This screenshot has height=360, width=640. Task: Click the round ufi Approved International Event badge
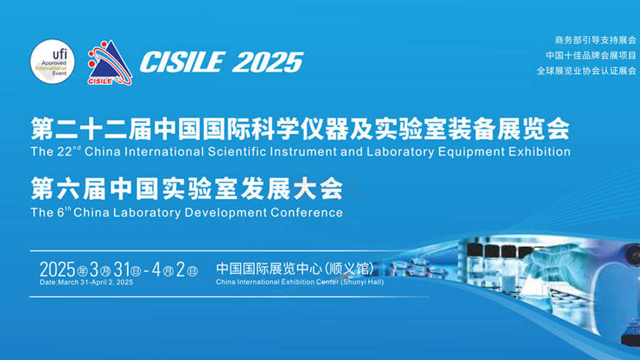(x=52, y=61)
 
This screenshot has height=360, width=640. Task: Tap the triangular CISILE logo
(x=109, y=62)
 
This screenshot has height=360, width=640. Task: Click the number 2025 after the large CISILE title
(x=267, y=62)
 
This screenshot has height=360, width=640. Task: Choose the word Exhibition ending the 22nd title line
(x=539, y=151)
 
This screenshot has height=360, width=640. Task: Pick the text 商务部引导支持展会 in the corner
(x=595, y=40)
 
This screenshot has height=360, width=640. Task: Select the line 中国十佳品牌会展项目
(x=591, y=55)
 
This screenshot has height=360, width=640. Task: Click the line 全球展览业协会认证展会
(x=586, y=71)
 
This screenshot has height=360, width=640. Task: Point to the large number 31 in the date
(x=122, y=269)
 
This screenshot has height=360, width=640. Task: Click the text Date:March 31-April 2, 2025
(x=86, y=282)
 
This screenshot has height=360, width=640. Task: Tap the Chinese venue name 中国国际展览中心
(x=269, y=269)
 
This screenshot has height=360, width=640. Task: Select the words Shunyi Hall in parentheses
(x=362, y=282)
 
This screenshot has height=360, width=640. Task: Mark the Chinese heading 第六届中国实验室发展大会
(x=187, y=189)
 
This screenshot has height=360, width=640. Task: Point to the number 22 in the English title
(x=64, y=152)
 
